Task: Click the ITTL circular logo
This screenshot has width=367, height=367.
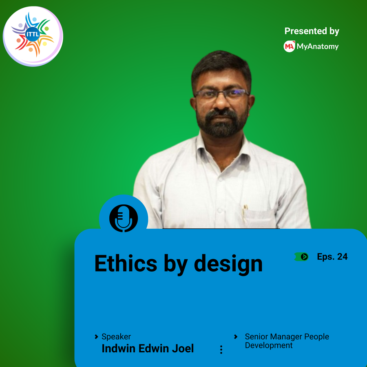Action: (33, 36)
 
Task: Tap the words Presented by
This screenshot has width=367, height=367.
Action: (312, 31)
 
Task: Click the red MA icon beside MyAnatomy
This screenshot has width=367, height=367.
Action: (289, 46)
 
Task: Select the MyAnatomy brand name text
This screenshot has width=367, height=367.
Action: (318, 46)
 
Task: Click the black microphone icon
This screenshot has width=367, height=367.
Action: (124, 218)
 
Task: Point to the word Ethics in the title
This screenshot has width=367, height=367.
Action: (126, 263)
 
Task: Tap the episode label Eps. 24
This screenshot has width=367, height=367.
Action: (332, 257)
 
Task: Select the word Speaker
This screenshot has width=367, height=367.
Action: (116, 336)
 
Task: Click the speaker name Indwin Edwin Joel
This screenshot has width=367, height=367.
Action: (148, 348)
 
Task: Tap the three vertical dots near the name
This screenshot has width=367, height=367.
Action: (221, 349)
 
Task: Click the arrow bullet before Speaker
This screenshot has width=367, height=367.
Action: (96, 336)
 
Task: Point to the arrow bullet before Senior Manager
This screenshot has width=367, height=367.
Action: (236, 336)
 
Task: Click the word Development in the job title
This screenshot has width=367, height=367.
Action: (269, 345)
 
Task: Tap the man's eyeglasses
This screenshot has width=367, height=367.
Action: (222, 94)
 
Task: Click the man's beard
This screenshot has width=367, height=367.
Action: (222, 123)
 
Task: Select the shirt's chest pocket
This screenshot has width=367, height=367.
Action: (259, 218)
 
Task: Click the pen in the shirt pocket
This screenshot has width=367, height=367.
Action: (245, 213)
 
